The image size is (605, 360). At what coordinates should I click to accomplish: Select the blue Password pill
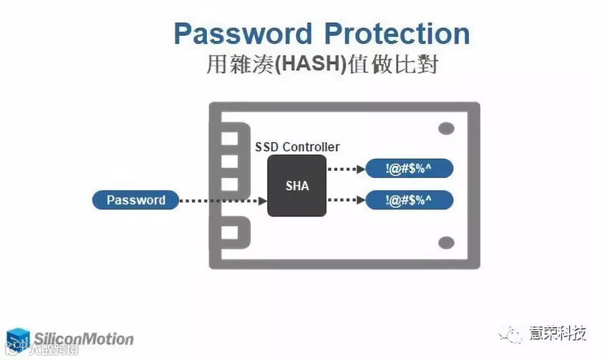pyautogui.click(x=136, y=200)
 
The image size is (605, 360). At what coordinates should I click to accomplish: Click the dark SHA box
pyautogui.click(x=297, y=186)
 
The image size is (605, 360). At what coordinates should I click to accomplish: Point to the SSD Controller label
pyautogui.click(x=297, y=147)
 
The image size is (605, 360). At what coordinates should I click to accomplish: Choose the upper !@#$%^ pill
pyautogui.click(x=409, y=169)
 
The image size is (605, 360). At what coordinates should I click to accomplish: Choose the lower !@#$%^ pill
pyautogui.click(x=409, y=200)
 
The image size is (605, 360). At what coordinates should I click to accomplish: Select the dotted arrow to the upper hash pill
pyautogui.click(x=345, y=169)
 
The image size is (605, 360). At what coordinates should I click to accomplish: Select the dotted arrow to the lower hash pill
pyautogui.click(x=345, y=200)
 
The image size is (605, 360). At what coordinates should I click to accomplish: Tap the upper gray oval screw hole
pyautogui.click(x=446, y=129)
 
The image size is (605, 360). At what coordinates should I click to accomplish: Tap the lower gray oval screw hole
pyautogui.click(x=446, y=242)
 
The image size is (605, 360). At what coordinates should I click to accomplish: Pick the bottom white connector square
pyautogui.click(x=229, y=232)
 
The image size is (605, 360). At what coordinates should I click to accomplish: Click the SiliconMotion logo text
pyautogui.click(x=83, y=339)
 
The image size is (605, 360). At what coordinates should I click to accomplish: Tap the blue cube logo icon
pyautogui.click(x=18, y=338)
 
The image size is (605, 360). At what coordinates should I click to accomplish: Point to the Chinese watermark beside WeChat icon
pyautogui.click(x=557, y=334)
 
